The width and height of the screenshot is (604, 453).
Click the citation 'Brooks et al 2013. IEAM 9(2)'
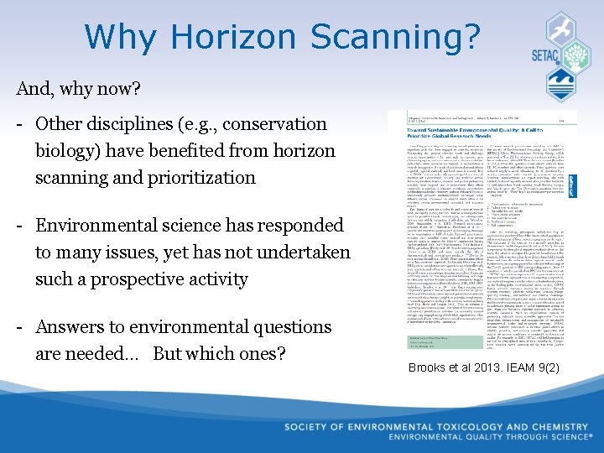tap(483, 367)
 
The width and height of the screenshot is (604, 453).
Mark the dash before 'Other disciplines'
tap(18, 124)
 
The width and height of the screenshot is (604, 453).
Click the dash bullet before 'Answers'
tap(18, 327)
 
